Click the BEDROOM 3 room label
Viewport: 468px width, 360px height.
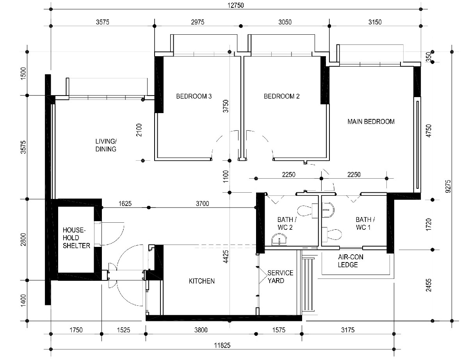194,96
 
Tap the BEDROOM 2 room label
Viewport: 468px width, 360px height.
281,96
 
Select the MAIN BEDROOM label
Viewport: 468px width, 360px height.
371,121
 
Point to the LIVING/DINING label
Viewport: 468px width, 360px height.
106,145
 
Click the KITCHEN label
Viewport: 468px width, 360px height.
202,281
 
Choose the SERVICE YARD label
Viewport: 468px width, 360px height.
280,277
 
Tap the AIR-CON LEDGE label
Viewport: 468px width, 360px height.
351,261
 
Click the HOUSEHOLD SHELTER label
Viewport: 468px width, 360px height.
77,238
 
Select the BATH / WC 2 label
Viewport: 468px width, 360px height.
287,223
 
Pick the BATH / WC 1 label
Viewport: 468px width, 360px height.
365,223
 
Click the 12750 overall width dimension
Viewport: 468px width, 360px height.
235,5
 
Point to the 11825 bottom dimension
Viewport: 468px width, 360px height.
222,346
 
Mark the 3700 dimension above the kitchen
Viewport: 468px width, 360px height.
202,204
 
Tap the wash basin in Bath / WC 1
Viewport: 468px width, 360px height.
329,210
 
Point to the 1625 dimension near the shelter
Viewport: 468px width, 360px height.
125,204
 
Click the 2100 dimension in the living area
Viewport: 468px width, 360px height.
139,130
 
